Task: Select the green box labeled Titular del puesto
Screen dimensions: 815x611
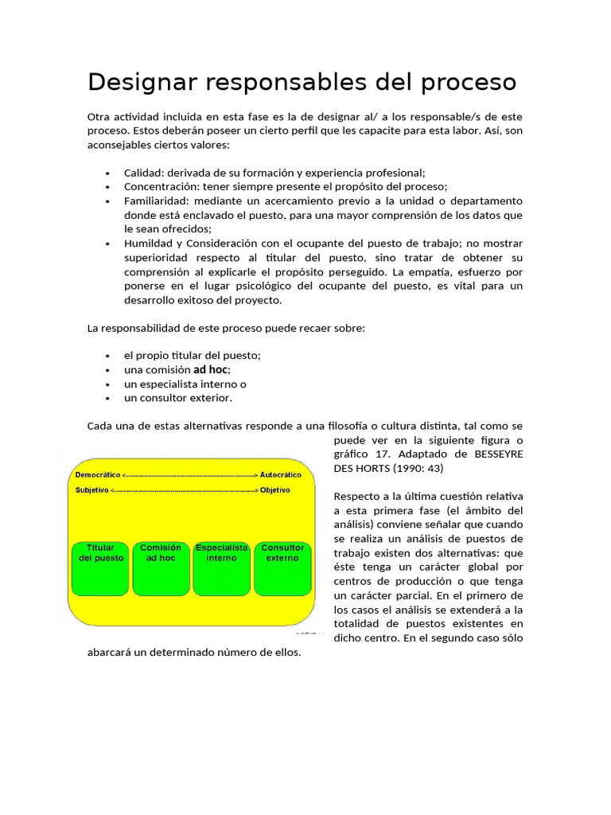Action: coord(100,567)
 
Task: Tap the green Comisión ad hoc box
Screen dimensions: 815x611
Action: coord(161,567)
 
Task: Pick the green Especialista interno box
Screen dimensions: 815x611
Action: coord(221,567)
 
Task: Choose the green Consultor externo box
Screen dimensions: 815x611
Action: coord(282,567)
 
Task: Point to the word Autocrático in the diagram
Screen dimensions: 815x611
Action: coord(280,474)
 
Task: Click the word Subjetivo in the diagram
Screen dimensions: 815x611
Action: coord(91,489)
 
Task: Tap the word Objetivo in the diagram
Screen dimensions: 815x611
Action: coord(275,489)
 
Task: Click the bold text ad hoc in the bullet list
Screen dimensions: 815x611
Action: coord(211,369)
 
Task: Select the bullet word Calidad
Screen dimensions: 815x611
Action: coord(142,173)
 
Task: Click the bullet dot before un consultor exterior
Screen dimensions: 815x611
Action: coord(107,399)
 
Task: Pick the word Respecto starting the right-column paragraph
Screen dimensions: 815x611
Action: coord(357,496)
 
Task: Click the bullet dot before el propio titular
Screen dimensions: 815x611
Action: coord(107,356)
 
